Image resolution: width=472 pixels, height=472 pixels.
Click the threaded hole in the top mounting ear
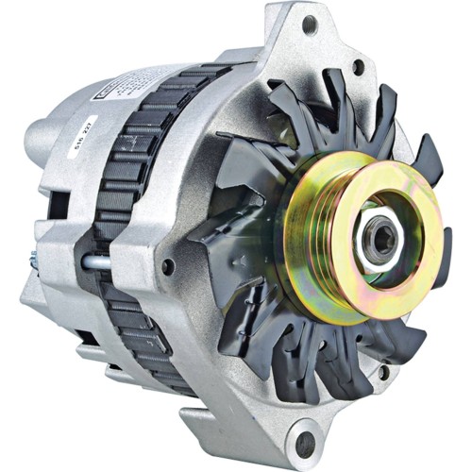309,25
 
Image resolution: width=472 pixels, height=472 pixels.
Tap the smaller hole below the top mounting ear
357,67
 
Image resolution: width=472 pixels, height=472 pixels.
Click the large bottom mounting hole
305,442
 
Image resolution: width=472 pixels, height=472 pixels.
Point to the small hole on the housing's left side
167,267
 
